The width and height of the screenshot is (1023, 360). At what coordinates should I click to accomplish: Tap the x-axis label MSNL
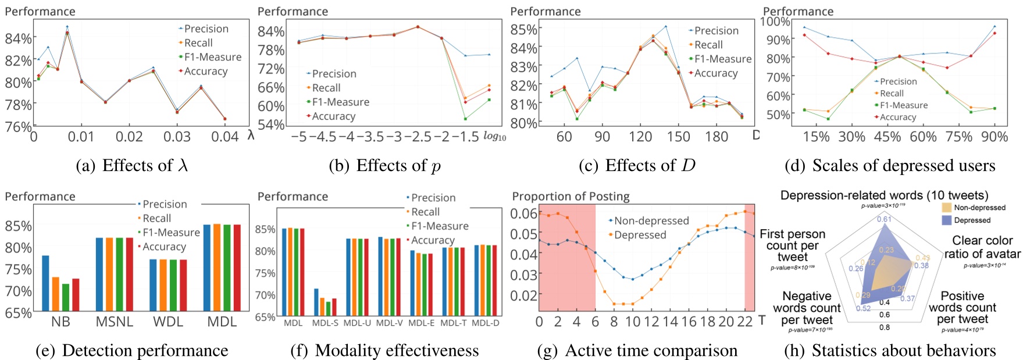(x=114, y=322)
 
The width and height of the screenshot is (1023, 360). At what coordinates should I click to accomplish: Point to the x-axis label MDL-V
(x=389, y=323)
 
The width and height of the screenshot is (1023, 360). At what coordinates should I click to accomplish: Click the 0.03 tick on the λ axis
(x=177, y=137)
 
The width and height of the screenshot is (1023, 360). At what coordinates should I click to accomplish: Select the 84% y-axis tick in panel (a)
(x=18, y=38)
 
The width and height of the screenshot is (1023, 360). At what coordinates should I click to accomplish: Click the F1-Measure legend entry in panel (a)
(x=212, y=57)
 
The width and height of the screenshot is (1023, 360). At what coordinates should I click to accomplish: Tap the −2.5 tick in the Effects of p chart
(x=417, y=137)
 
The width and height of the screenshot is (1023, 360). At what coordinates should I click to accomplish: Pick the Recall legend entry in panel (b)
(x=326, y=88)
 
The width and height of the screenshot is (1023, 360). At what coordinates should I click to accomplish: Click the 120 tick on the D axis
(x=640, y=137)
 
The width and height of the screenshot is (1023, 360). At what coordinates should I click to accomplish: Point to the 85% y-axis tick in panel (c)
(x=523, y=29)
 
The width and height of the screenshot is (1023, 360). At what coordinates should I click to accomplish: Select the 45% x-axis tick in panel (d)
(x=887, y=137)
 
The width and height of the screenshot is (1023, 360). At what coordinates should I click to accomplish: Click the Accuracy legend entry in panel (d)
(x=897, y=117)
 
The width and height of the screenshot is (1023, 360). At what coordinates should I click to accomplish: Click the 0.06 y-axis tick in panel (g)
(x=524, y=213)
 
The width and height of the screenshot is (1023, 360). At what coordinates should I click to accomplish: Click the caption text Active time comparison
(x=651, y=351)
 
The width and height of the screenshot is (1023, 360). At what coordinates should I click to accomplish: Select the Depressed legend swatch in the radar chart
(x=947, y=220)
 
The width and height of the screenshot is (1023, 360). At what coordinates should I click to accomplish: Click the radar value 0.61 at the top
(x=884, y=219)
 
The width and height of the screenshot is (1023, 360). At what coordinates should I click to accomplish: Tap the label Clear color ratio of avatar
(x=982, y=247)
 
